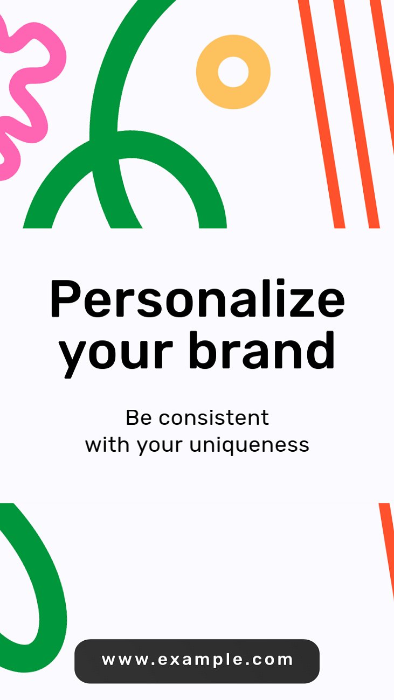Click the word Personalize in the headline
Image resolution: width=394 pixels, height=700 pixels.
197,298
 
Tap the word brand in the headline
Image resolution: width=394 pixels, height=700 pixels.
262,350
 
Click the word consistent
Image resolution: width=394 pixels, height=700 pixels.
214,417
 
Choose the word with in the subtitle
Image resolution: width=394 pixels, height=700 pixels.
107,444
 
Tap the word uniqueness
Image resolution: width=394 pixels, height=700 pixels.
249,445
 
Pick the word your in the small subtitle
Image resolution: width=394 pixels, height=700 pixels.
160,447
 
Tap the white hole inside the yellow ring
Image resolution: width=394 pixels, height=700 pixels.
233,72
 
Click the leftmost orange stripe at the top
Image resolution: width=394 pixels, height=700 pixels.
321,114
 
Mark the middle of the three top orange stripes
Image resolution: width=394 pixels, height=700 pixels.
356,114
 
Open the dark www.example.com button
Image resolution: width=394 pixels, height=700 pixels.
197,661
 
